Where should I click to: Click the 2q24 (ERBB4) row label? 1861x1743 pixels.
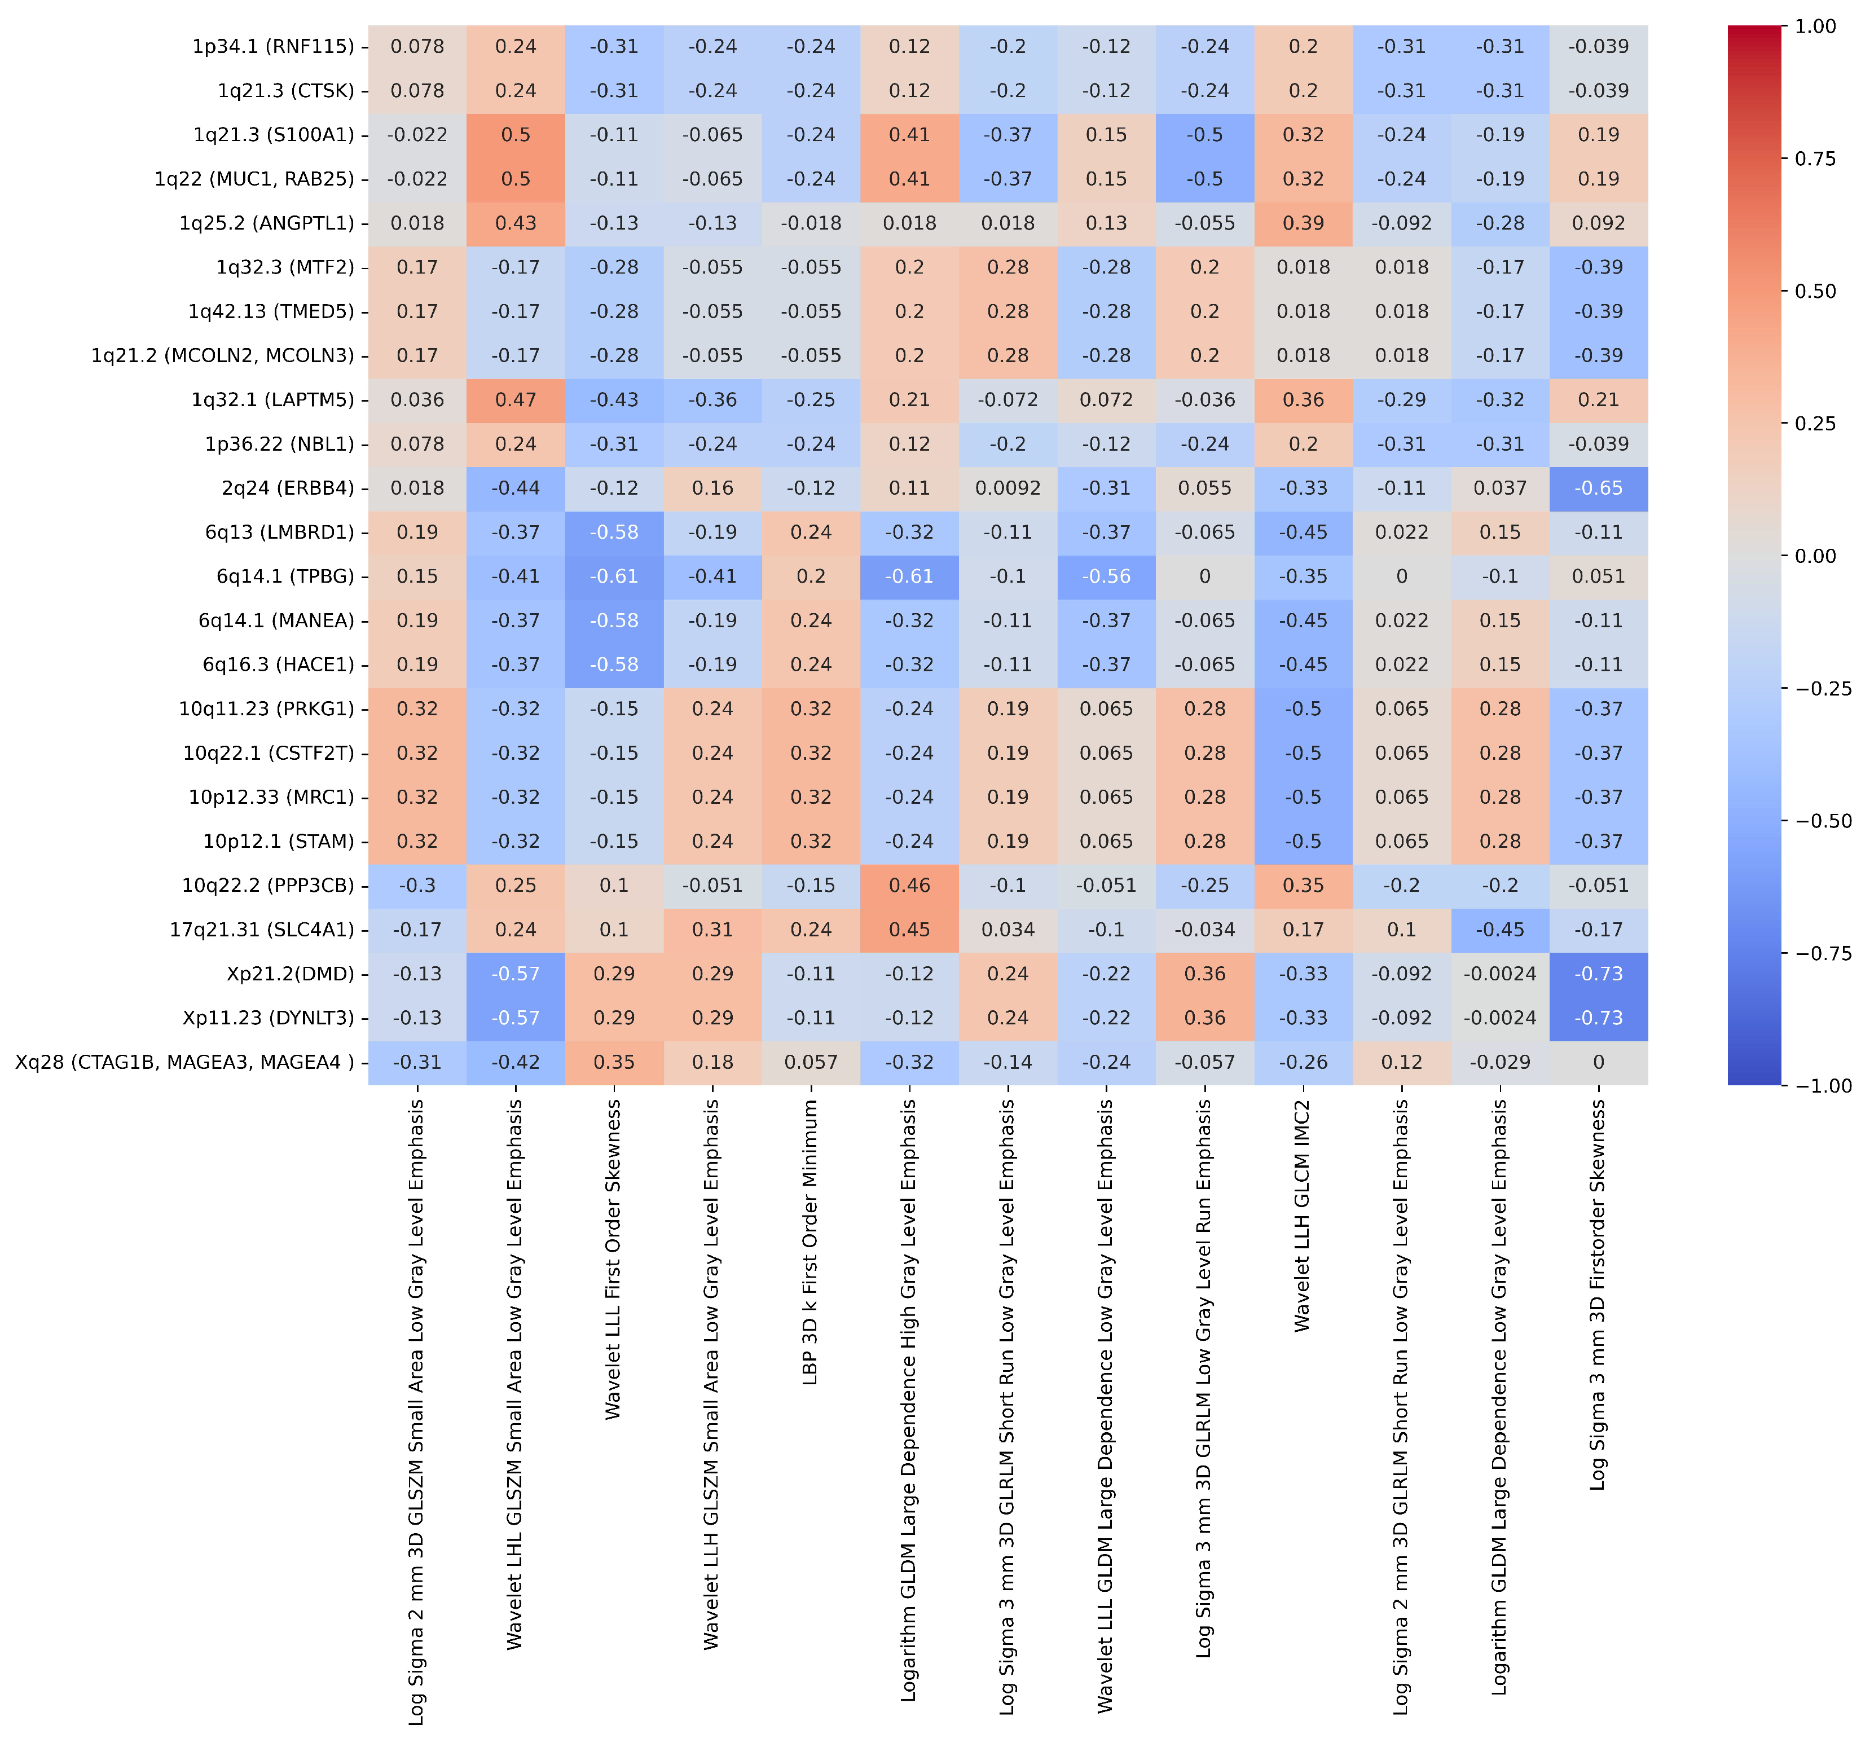pos(287,488)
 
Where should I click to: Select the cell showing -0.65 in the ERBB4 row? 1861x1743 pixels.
pos(1598,488)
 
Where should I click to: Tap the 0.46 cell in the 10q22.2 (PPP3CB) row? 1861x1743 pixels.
pos(909,886)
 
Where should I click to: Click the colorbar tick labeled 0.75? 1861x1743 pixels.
pos(1815,159)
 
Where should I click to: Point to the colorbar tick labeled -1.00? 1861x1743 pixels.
pos(1815,1086)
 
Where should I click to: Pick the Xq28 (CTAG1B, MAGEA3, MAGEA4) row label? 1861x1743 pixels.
pos(184,1063)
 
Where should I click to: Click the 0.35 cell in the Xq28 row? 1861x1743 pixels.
pos(614,1063)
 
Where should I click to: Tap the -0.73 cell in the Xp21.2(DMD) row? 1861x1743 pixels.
pos(1598,974)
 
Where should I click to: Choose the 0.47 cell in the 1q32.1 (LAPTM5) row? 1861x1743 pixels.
pos(516,400)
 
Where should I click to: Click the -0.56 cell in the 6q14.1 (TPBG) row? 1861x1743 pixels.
pos(1106,576)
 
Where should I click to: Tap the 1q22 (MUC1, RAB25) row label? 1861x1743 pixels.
pos(254,179)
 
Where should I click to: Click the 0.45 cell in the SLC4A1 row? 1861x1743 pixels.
pos(909,930)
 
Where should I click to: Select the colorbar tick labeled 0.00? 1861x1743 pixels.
pos(1815,556)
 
